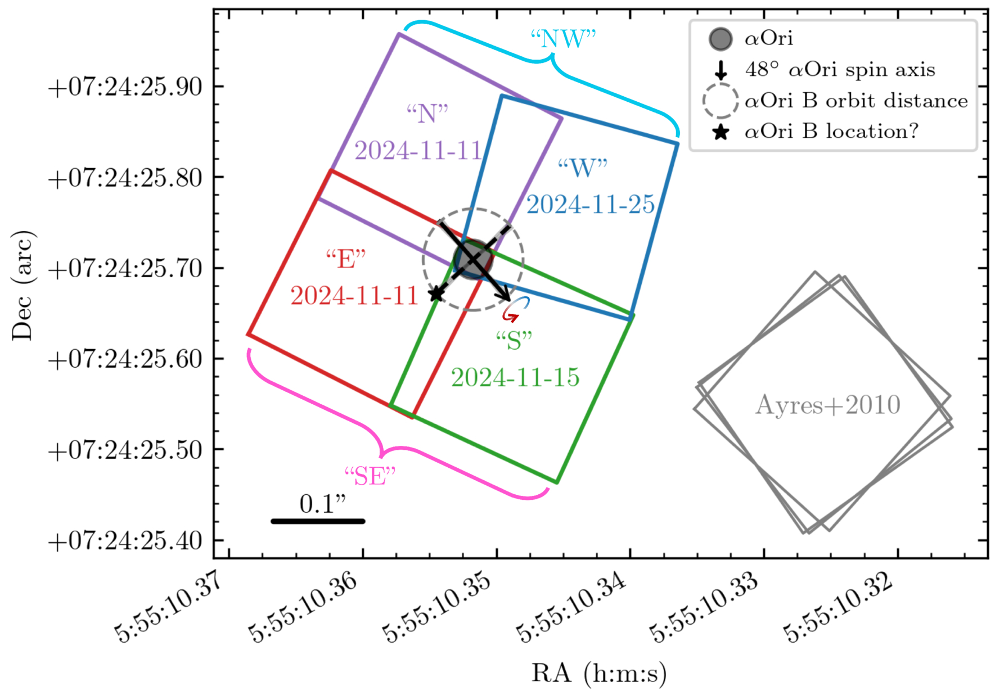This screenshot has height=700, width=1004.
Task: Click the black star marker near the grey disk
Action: pos(436,293)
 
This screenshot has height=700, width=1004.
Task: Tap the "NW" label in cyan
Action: pos(563,39)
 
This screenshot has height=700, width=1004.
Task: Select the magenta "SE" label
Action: pos(370,476)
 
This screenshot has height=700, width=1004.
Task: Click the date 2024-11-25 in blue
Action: pos(591,204)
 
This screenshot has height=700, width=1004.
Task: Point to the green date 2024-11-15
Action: pos(515,377)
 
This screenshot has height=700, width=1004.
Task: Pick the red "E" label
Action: pos(346,259)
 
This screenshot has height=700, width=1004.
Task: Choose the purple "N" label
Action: pos(427,114)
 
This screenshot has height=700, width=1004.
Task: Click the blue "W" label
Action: pos(583,168)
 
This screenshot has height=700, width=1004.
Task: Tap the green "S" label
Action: pos(514,340)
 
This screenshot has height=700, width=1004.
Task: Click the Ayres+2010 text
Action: pos(827,405)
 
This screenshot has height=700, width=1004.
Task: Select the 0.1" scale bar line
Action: pos(318,521)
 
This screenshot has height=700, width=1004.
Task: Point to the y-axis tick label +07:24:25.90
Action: pos(125,87)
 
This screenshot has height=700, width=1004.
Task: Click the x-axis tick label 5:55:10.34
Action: pos(571,607)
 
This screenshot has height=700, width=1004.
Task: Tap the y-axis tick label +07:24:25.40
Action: pos(125,541)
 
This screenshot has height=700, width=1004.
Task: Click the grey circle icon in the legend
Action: pos(721,39)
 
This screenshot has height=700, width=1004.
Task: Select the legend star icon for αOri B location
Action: pos(721,132)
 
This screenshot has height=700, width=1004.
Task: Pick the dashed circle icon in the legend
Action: pos(721,101)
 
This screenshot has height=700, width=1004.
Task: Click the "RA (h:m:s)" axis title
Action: pos(599,673)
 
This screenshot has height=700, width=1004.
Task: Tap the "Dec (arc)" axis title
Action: pos(22,285)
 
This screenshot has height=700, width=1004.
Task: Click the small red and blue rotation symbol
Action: pos(515,310)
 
